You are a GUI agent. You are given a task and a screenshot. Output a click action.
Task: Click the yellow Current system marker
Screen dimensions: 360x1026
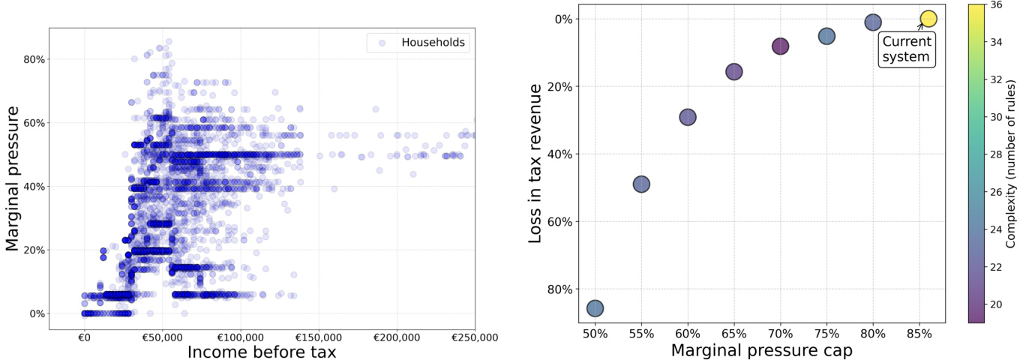(928, 19)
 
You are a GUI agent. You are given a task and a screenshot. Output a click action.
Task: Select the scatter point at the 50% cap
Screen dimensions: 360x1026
(595, 308)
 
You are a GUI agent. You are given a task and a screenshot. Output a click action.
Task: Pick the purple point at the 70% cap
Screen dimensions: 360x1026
(780, 46)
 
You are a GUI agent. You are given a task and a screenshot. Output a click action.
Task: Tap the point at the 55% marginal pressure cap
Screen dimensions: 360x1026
(641, 184)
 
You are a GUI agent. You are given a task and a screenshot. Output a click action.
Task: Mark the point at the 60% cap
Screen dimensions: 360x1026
(688, 117)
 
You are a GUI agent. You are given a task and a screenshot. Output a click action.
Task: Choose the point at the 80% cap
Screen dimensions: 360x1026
(872, 22)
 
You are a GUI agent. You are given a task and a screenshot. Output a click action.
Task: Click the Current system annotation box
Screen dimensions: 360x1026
(906, 49)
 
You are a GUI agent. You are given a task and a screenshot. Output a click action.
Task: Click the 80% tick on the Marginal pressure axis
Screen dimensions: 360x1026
(37, 59)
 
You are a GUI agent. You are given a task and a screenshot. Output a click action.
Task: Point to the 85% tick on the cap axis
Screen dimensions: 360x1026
(919, 331)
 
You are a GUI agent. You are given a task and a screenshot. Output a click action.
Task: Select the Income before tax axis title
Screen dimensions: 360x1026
(261, 351)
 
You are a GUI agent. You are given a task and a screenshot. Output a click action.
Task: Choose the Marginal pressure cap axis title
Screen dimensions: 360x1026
(761, 349)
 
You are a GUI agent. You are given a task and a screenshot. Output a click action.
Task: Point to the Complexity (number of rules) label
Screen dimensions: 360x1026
(1012, 163)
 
